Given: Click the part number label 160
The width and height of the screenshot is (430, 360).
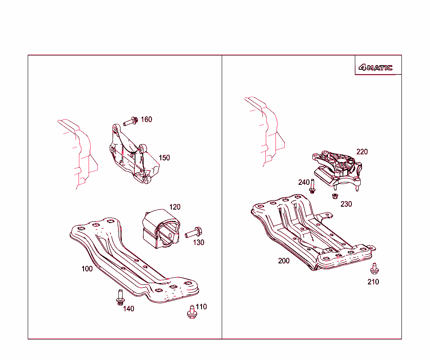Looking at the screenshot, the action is coord(146,120).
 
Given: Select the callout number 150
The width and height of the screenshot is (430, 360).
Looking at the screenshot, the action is coord(164,158).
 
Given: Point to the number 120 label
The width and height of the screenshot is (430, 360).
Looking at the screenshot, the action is coord(175,207).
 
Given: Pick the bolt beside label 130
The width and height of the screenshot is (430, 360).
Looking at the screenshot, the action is coord(194,231).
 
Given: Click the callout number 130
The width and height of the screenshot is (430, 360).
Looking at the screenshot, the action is coord(199,242).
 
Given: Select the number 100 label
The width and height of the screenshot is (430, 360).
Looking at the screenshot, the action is coord(87,269).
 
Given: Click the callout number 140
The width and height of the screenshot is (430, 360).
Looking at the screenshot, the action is coord(128,309).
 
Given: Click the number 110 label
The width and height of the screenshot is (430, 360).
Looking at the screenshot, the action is coord(201,307).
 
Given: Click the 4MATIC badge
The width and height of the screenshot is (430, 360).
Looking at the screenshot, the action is coord(375,68).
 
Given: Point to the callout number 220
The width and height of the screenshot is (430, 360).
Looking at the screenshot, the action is coord(362,152).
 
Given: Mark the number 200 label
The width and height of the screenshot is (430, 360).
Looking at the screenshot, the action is coord(284,261).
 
